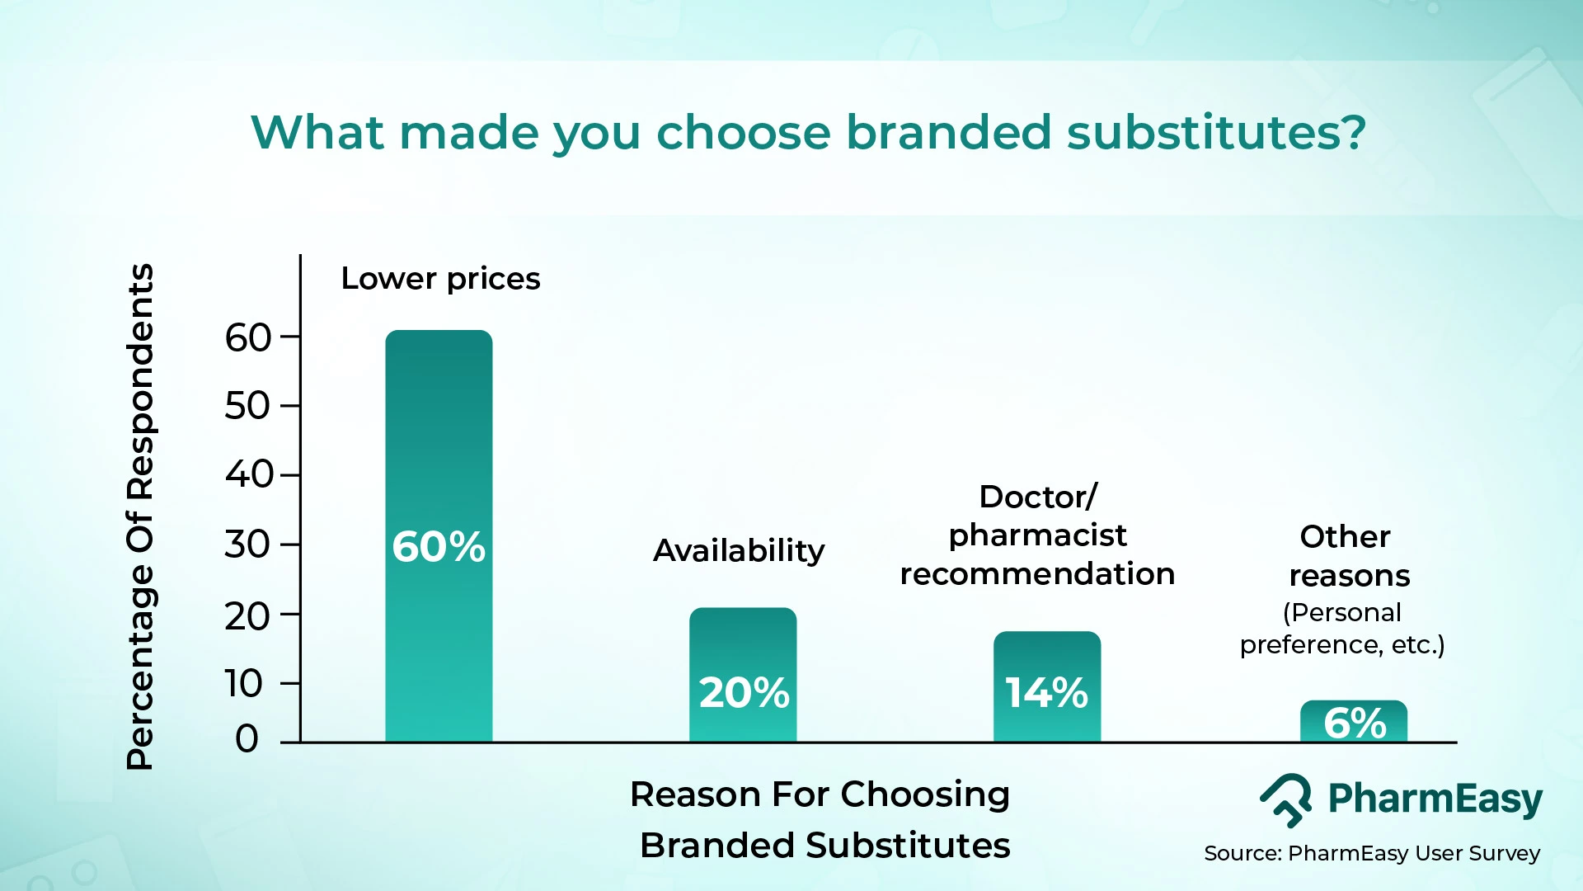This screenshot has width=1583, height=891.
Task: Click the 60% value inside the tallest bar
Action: point(439,546)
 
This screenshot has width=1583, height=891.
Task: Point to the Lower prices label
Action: point(440,279)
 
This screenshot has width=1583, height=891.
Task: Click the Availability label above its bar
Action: point(739,550)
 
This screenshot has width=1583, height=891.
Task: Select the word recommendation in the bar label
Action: point(1037,573)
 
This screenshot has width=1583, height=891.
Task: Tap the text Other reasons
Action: point(1348,556)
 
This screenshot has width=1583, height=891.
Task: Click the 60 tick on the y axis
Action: point(247,338)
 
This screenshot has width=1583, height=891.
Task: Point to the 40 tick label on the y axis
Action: point(248,474)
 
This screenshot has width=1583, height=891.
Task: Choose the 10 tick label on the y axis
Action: point(244,683)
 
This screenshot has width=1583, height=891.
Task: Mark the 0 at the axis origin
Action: point(247,738)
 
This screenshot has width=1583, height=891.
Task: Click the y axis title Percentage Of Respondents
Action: point(140,516)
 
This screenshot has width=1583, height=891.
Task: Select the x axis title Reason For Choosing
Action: point(820,794)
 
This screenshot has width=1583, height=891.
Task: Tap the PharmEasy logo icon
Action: point(1286,799)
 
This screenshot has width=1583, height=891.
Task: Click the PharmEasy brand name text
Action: point(1435,799)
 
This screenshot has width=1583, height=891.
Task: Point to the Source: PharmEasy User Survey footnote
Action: point(1371,853)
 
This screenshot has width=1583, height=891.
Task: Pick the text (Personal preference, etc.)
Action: point(1342,629)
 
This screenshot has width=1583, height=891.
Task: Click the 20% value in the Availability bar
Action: point(744,692)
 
